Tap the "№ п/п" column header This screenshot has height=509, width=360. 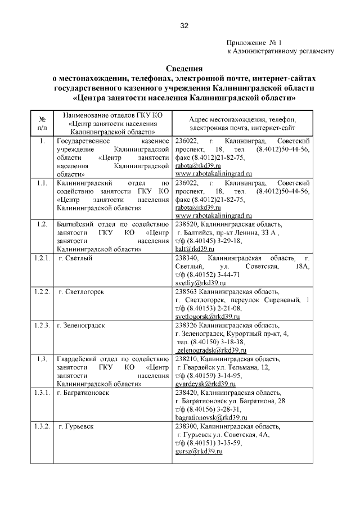point(42,124)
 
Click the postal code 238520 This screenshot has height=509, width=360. point(186,224)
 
